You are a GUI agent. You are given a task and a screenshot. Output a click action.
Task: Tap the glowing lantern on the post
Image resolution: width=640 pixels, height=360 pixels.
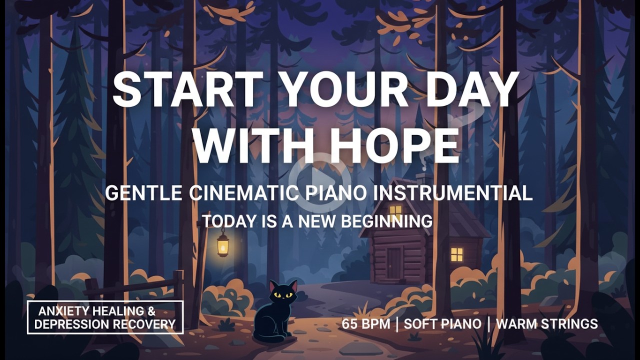pyautogui.click(x=222, y=245)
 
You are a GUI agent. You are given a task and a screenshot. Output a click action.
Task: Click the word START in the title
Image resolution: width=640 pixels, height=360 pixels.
pyautogui.click(x=187, y=90)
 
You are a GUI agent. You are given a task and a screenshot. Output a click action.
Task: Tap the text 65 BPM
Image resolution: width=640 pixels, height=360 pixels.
pyautogui.click(x=366, y=323)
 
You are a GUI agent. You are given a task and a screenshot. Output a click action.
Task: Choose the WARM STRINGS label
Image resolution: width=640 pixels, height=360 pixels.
pyautogui.click(x=546, y=323)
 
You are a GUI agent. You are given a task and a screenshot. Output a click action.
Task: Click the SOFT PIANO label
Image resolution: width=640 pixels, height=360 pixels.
pyautogui.click(x=442, y=323)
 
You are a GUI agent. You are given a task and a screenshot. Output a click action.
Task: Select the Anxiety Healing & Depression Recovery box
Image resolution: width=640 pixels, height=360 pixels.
pyautogui.click(x=105, y=317)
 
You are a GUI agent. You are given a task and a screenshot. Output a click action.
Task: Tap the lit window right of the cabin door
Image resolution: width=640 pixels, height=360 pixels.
pyautogui.click(x=456, y=254)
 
